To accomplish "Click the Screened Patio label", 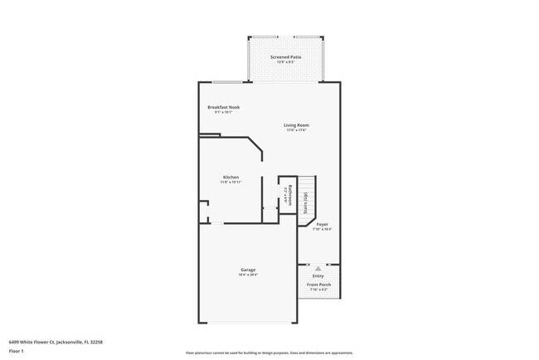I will (x=285, y=57).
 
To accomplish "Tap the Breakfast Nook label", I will (x=223, y=107).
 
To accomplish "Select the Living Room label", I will (x=297, y=125).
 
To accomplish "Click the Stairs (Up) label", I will (x=306, y=203).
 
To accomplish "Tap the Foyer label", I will (x=322, y=223).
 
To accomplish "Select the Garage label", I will (x=248, y=270).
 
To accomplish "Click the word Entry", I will (x=318, y=275).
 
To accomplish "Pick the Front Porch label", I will (x=318, y=285).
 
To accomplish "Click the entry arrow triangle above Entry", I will (x=318, y=267).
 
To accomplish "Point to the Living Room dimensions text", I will (x=297, y=130).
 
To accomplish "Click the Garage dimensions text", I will (x=248, y=275).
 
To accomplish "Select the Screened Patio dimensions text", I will (x=285, y=62).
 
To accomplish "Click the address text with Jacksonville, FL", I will (x=56, y=341).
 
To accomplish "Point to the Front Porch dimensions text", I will (x=318, y=290).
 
